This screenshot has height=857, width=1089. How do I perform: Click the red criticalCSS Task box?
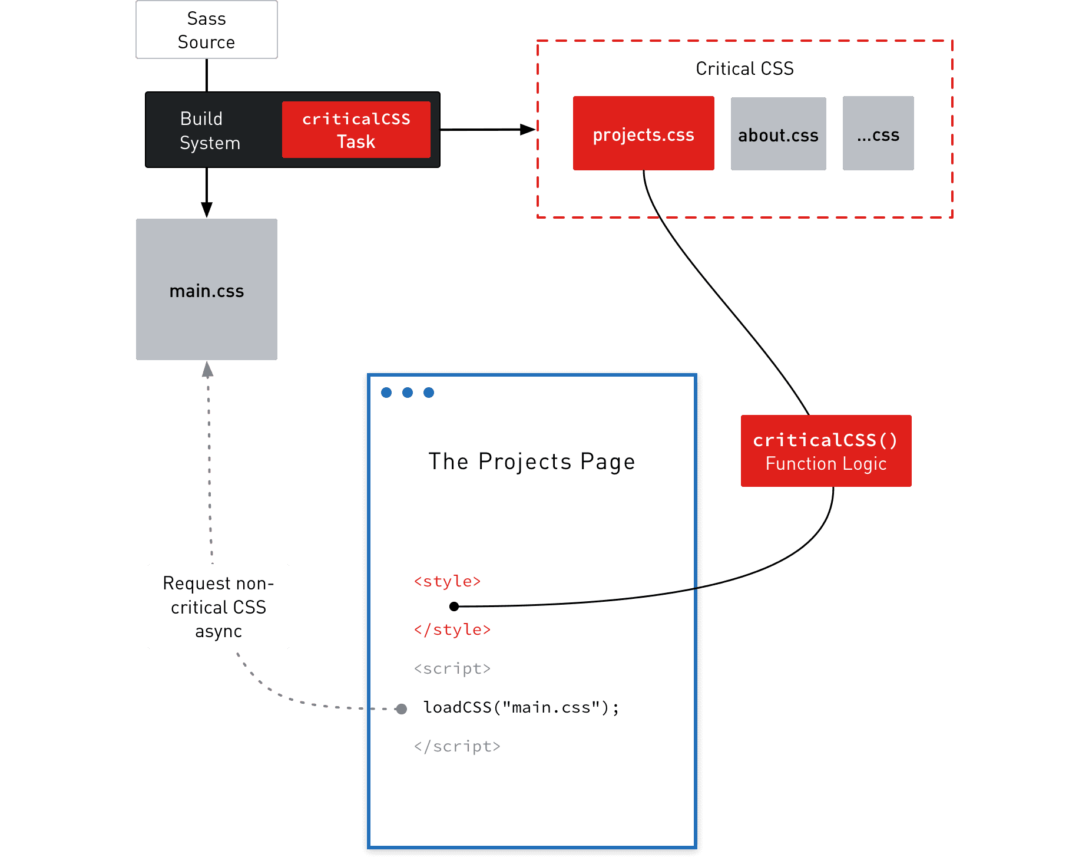coord(356,130)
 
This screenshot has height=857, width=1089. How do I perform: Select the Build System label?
coord(210,130)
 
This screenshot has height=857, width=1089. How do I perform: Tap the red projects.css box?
coord(643,134)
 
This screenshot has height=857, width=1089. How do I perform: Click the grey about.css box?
coord(778,134)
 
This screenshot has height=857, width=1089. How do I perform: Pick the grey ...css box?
coord(878,134)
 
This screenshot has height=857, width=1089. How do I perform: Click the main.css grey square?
coord(206,289)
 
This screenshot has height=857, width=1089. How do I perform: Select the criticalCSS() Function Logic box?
coord(826,451)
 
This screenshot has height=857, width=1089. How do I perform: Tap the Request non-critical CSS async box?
coord(218,607)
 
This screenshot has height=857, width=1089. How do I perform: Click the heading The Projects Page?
coord(531,462)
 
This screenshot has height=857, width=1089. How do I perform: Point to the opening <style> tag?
coord(447,581)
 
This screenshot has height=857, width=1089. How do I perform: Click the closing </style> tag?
coord(452,629)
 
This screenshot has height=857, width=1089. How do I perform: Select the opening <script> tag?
coord(452,668)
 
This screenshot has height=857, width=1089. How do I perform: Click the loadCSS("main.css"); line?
coord(521,707)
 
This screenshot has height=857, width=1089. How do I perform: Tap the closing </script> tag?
coord(456,746)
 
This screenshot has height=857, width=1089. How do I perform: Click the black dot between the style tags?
coord(454,606)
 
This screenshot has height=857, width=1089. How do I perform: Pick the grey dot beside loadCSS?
coord(401,708)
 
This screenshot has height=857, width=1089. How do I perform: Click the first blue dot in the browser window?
coord(386,393)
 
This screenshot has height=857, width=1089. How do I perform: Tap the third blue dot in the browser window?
coord(429,393)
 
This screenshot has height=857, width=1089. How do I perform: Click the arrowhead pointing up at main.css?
coord(207,370)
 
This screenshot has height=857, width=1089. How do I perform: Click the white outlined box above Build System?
coord(206,29)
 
